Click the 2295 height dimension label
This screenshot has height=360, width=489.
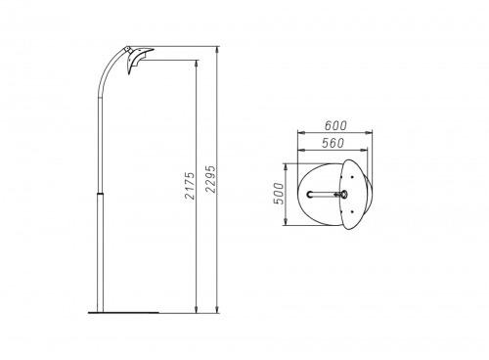click(x=211, y=179)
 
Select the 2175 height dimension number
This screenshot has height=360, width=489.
click(x=190, y=186)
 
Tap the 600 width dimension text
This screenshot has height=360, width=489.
click(x=335, y=125)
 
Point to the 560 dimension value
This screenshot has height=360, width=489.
click(x=333, y=143)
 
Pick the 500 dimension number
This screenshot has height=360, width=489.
click(x=279, y=194)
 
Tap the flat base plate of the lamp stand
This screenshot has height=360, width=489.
click(x=123, y=313)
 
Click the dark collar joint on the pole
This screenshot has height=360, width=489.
click(x=100, y=194)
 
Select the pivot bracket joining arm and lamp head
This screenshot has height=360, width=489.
click(x=127, y=50)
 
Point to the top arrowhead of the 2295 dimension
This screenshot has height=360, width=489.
click(x=217, y=50)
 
